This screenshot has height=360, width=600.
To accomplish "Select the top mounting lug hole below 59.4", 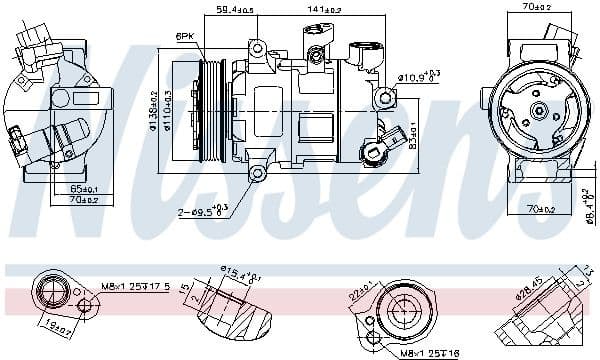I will [257, 48].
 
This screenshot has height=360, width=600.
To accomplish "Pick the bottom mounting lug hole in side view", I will [257, 175].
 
